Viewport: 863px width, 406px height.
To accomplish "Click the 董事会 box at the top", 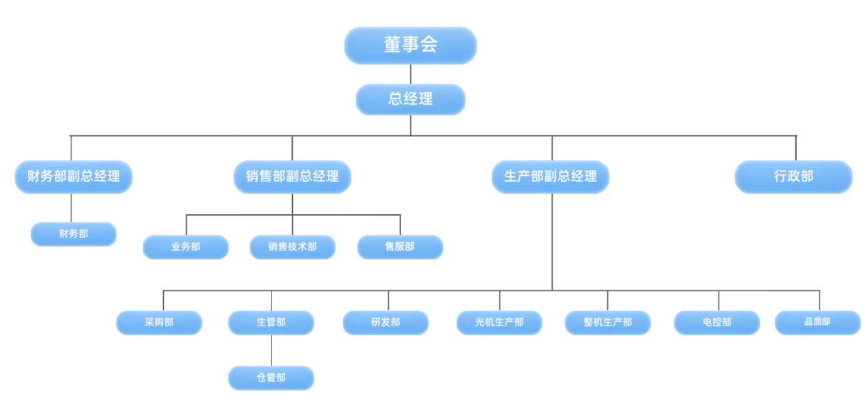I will point(410,45).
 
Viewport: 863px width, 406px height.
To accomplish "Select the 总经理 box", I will point(410,99).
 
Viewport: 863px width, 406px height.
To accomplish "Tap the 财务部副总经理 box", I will point(73,177).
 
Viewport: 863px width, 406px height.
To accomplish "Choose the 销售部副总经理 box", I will point(292,177).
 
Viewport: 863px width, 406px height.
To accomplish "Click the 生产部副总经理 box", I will point(550,177).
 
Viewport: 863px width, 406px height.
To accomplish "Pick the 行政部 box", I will point(793,177).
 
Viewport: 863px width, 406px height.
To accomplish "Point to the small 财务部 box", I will point(73,234).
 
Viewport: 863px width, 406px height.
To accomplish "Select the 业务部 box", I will point(185,247).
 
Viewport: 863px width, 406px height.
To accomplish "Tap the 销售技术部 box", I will point(292,247).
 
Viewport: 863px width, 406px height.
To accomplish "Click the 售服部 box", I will point(400,247).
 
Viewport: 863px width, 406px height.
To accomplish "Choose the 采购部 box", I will point(159,322).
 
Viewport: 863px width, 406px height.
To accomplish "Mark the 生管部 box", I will point(271,322).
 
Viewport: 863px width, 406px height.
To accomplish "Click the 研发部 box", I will point(385,322).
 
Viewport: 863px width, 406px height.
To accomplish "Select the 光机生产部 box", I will point(499,322).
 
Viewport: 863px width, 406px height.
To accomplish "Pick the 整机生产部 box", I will point(607,322).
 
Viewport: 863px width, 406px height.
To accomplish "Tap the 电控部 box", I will point(716,322).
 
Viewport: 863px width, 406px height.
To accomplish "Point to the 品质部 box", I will point(817,322).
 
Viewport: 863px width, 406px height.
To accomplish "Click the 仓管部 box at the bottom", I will point(271,378).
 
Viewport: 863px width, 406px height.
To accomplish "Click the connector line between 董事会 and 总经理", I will point(411,74).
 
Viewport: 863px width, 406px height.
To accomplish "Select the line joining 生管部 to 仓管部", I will point(271,350).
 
